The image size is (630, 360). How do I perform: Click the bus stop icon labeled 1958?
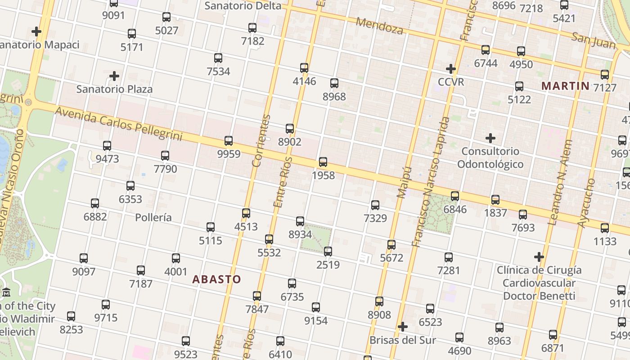(323, 162)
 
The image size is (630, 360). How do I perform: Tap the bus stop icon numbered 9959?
(229, 140)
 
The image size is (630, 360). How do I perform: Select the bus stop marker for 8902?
(290, 129)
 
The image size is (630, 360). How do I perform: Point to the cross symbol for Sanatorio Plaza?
(114, 76)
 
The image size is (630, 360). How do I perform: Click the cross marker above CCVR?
(450, 69)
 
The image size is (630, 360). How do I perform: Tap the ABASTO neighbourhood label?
(216, 279)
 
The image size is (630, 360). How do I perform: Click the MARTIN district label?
(565, 85)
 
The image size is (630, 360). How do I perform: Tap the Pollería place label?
(153, 217)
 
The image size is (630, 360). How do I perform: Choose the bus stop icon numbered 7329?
(375, 205)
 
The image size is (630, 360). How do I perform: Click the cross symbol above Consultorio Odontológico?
(490, 138)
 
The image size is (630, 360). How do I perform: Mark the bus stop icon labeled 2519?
(328, 252)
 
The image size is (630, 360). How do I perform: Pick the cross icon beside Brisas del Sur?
(403, 326)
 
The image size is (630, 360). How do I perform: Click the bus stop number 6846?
(455, 209)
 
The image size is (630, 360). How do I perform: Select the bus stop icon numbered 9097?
(84, 258)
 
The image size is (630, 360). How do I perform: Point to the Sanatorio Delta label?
(243, 6)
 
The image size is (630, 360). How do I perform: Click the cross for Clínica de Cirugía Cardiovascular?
(539, 257)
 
